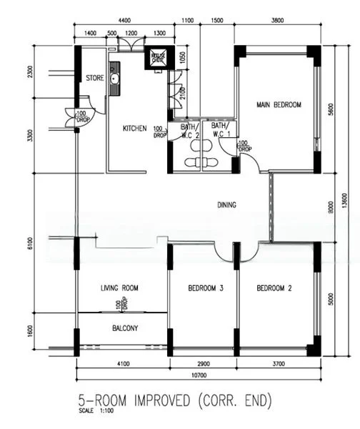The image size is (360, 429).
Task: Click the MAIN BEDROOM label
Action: click(279, 105)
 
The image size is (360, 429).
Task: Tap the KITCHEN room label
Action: click(134, 129)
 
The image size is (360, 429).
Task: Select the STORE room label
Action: click(95, 78)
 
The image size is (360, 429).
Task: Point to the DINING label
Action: click(226, 205)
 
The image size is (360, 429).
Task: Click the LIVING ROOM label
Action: click(119, 288)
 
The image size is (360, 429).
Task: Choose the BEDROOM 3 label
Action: click(206, 288)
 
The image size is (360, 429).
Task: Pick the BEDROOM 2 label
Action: click(275, 288)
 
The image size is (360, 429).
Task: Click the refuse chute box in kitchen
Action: click(156, 59)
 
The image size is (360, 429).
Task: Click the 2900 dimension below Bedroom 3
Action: click(202, 363)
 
